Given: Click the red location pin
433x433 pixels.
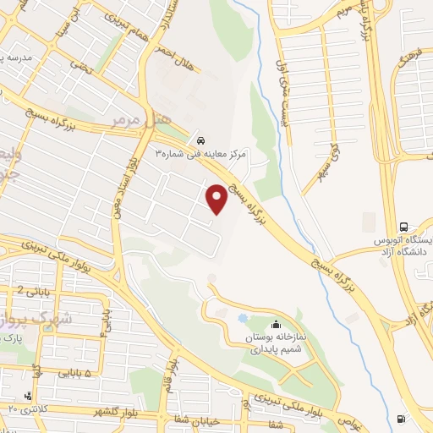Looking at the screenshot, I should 217,199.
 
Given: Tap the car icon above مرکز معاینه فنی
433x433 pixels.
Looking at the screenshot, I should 200,140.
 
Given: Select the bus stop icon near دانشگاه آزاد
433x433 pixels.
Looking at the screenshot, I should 404,227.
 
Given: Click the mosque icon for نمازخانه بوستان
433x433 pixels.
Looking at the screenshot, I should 275,325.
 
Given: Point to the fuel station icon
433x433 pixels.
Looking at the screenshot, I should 400,419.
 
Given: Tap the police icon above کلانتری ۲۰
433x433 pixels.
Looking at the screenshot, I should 30,395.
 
